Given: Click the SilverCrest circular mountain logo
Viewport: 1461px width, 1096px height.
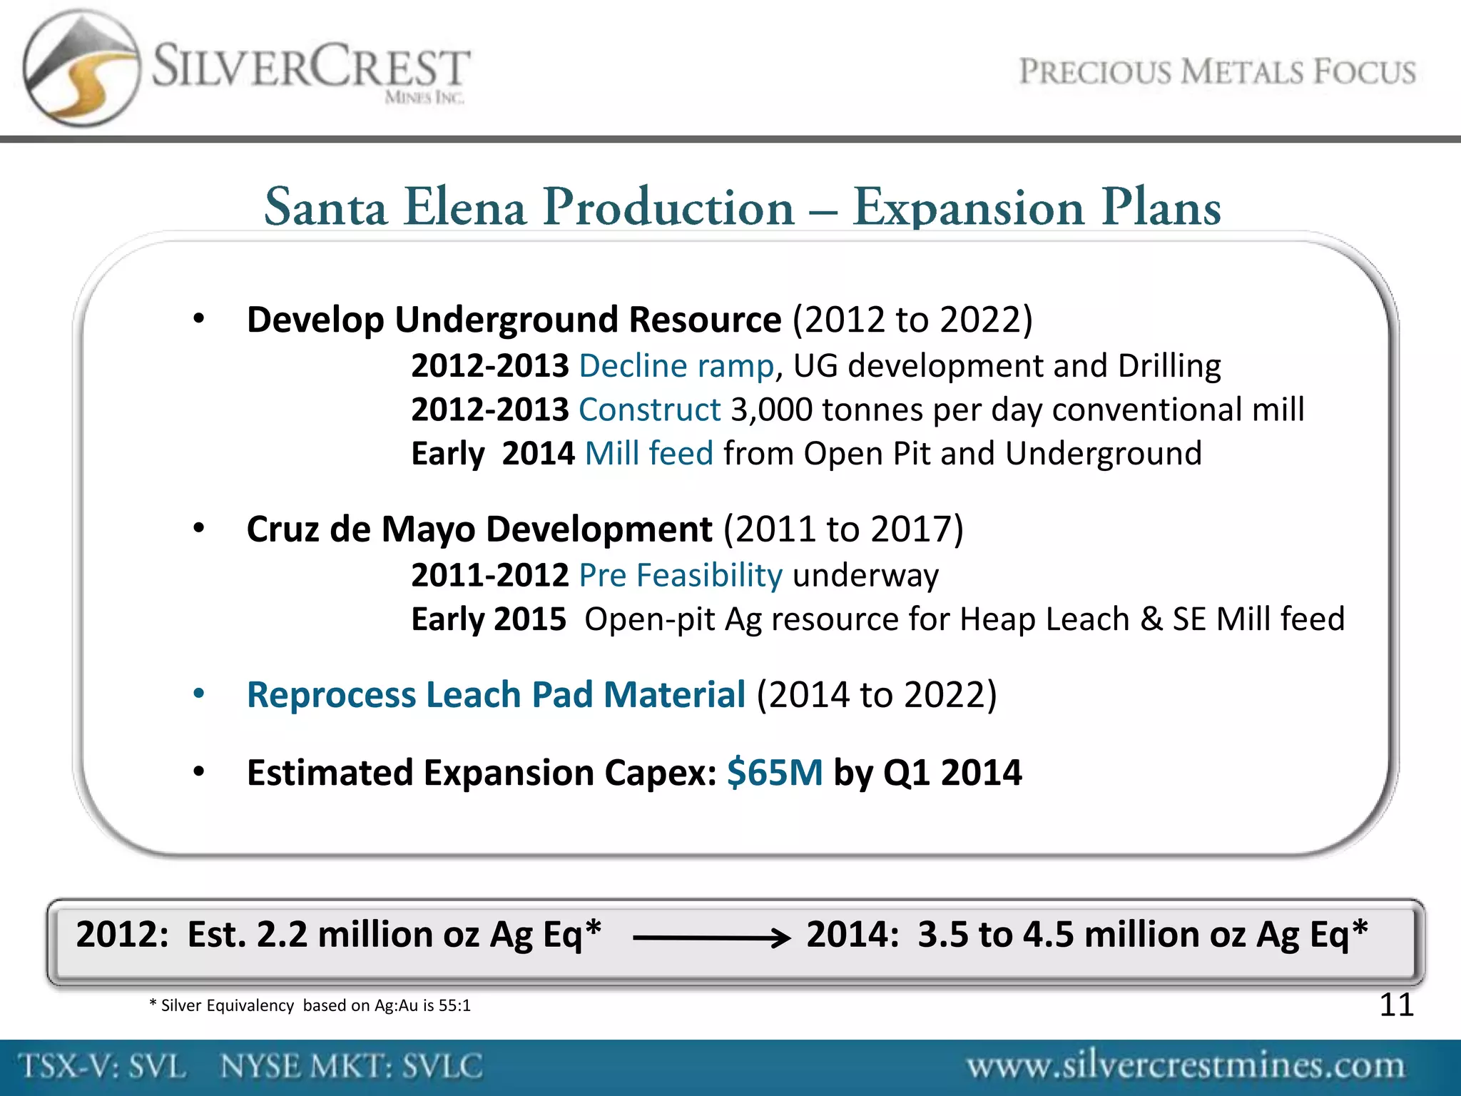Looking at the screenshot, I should tap(80, 68).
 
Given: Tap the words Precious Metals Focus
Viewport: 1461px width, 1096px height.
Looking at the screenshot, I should tap(1217, 73).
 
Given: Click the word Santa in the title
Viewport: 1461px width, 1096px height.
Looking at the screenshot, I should tap(325, 208).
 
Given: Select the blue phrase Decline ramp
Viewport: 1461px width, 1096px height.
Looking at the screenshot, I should tap(676, 366).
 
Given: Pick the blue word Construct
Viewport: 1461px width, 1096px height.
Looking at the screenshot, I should tap(650, 410).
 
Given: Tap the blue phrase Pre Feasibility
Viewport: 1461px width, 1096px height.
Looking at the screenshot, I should tap(681, 575).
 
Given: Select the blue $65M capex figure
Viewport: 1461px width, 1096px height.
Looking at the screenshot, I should tap(775, 773).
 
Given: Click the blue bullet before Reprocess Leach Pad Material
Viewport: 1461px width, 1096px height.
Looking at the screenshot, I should tap(199, 694).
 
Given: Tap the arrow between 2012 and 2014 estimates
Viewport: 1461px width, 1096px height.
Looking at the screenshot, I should tap(711, 938).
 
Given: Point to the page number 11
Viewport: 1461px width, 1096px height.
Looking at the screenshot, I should tap(1396, 1005).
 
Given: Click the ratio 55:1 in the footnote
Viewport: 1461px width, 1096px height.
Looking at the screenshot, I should tap(454, 1006).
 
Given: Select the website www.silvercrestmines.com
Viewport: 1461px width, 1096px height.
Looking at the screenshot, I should tap(1186, 1066).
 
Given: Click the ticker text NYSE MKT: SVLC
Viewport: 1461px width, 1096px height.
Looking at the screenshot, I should tap(352, 1067).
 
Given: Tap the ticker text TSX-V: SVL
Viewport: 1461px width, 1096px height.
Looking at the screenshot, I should tap(103, 1067).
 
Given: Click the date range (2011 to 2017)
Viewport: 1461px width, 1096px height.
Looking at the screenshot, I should tap(843, 529).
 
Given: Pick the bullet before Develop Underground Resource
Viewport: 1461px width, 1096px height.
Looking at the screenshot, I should tap(199, 319).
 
